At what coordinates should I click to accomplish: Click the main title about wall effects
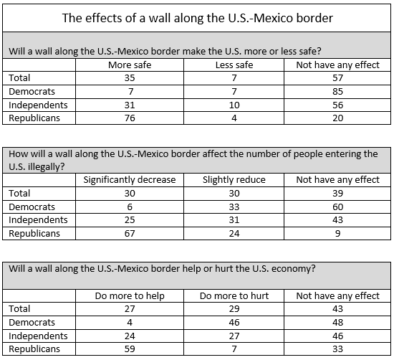(x=197, y=18)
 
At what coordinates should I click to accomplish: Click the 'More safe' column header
(x=130, y=65)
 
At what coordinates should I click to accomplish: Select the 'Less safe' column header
(x=234, y=65)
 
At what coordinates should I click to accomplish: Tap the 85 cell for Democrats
(x=337, y=91)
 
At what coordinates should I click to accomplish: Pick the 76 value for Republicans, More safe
(x=130, y=118)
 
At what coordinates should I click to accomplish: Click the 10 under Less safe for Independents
(x=234, y=105)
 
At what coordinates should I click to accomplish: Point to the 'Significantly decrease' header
(x=130, y=179)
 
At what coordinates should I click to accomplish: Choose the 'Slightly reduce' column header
(x=234, y=179)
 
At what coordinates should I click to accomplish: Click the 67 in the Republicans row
(x=130, y=234)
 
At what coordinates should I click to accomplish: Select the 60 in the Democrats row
(x=337, y=207)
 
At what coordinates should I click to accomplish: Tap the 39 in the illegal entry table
(x=337, y=193)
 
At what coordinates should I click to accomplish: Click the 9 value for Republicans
(x=337, y=234)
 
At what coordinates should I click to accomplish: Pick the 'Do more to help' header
(x=130, y=296)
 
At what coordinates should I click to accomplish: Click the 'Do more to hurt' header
(x=234, y=296)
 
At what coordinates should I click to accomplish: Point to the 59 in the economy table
(x=130, y=349)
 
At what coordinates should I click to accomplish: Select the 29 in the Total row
(x=234, y=308)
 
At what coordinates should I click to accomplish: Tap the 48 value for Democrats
(x=337, y=322)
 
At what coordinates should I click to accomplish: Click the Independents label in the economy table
(x=38, y=336)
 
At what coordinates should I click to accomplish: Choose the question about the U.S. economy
(x=162, y=269)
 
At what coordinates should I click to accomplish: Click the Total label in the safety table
(x=19, y=77)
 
